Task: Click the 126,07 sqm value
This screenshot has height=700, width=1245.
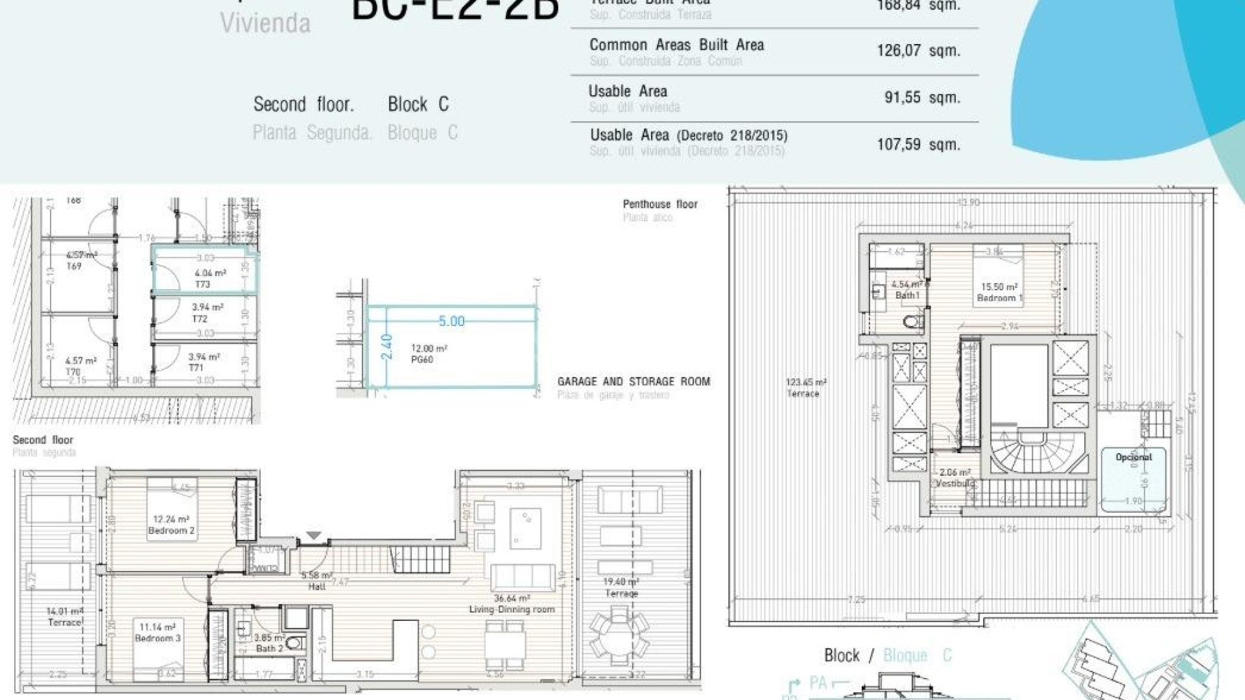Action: (918, 51)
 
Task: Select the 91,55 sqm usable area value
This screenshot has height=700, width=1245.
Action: (921, 98)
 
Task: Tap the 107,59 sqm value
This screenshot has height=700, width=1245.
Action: (918, 144)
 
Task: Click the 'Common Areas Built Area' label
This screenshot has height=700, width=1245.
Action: (676, 45)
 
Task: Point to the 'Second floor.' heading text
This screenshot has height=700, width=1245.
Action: (303, 104)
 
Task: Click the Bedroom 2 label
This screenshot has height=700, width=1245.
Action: (171, 530)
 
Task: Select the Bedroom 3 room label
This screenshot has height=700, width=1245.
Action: (158, 638)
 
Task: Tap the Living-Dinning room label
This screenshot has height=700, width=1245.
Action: (512, 609)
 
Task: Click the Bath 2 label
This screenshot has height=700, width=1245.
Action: (269, 648)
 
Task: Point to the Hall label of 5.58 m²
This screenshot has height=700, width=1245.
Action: (317, 586)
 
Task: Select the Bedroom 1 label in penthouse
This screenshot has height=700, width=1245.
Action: (999, 298)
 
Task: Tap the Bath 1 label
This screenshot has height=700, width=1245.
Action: (907, 296)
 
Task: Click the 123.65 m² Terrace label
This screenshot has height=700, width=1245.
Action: (803, 393)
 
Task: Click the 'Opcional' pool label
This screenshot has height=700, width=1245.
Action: (1133, 457)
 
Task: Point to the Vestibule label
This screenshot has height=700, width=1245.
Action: (954, 483)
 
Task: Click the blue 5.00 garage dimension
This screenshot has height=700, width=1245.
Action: (451, 321)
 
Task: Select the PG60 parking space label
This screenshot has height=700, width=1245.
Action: (422, 359)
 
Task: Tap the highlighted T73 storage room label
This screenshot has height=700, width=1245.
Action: (203, 284)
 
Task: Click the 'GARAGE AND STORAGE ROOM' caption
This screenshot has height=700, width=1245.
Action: (634, 382)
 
